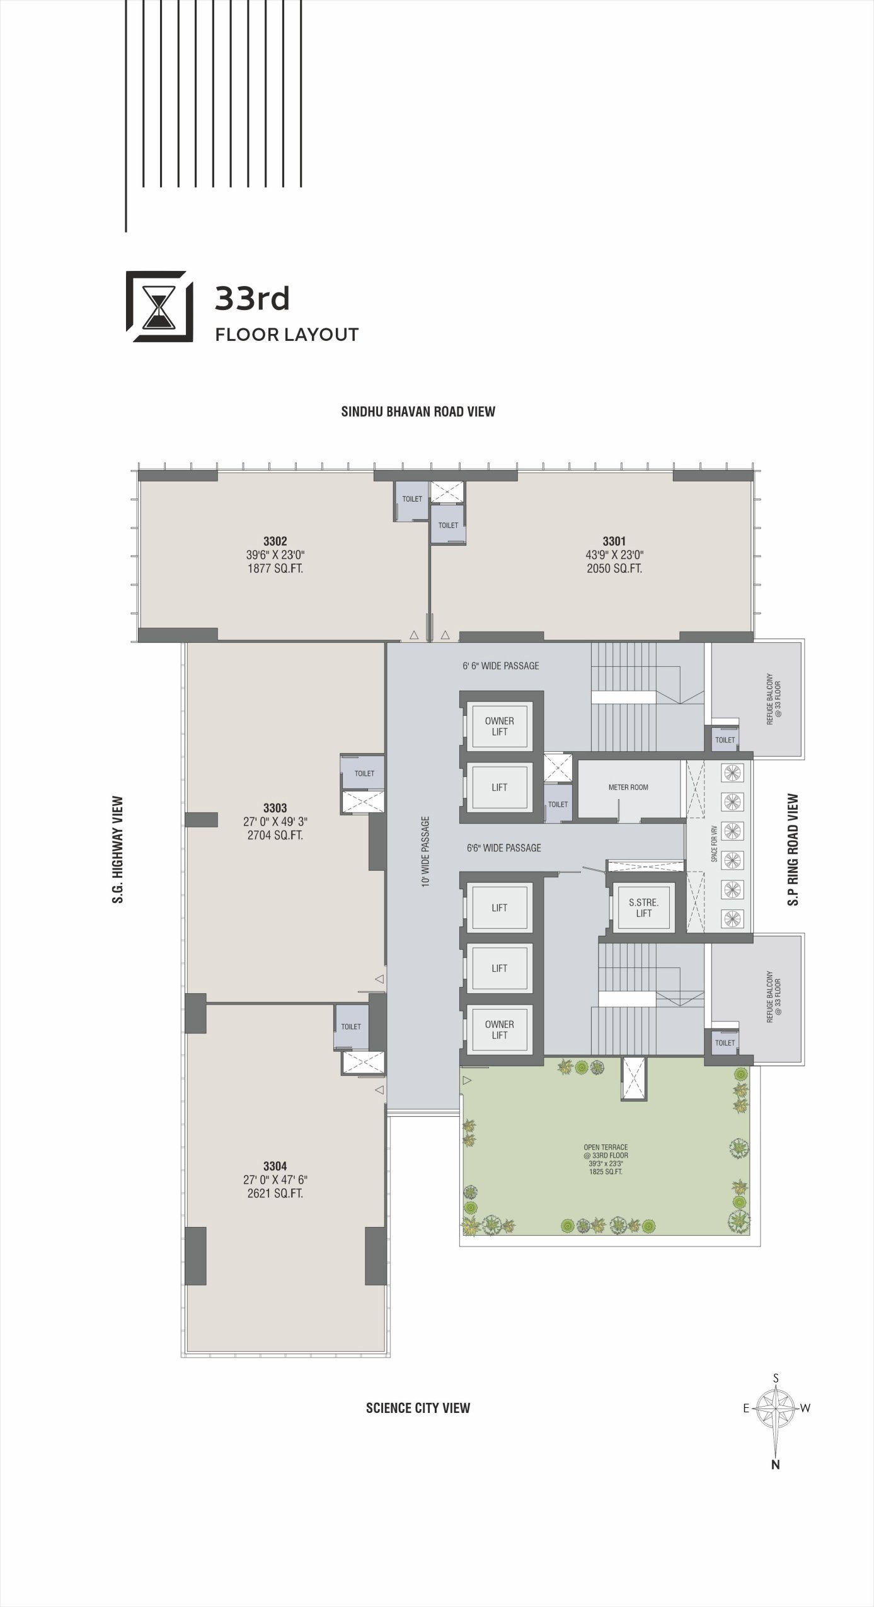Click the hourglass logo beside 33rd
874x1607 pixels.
click(159, 306)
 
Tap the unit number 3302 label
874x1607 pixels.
click(275, 541)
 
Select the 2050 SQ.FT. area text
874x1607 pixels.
click(614, 568)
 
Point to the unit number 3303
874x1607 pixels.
click(275, 808)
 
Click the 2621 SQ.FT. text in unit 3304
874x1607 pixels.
click(275, 1194)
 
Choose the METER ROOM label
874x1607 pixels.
click(628, 787)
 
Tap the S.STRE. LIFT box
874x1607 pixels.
click(643, 907)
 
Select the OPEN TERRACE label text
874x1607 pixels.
click(606, 1147)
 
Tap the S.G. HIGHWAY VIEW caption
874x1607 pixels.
click(118, 850)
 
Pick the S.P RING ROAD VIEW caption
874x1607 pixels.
click(793, 850)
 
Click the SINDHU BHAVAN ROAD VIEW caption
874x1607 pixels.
click(418, 412)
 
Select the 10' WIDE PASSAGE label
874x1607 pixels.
click(426, 852)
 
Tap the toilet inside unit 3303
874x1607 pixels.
click(363, 773)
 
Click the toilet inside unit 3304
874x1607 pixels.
click(351, 1027)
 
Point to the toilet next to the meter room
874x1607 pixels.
click(558, 804)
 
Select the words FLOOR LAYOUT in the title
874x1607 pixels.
click(287, 335)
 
